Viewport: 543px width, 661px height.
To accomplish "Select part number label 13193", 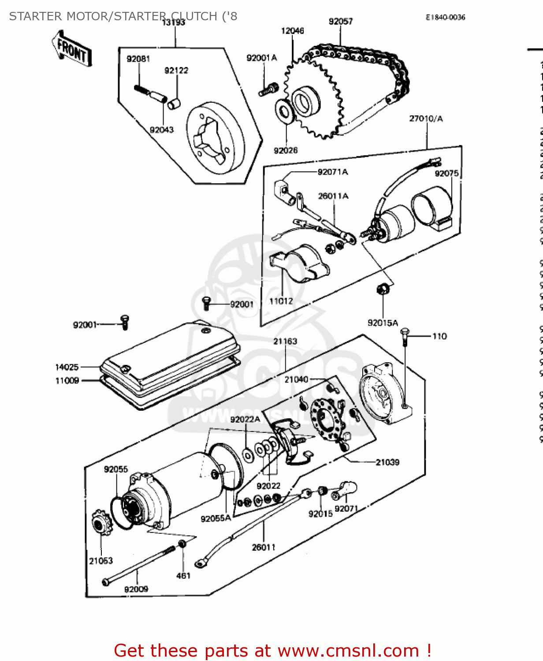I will pyautogui.click(x=174, y=22).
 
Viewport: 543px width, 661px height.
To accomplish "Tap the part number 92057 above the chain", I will pyautogui.click(x=341, y=21).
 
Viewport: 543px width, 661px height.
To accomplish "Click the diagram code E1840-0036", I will pyautogui.click(x=445, y=17).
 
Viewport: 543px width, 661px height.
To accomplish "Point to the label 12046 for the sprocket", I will pyautogui.click(x=293, y=31).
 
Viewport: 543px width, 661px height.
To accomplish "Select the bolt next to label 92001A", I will pyautogui.click(x=268, y=90).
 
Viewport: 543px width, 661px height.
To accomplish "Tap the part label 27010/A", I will pyautogui.click(x=426, y=119).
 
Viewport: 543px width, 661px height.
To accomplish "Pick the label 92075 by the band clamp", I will pyautogui.click(x=446, y=174).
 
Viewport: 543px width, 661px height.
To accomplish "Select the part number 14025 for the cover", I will pyautogui.click(x=67, y=367).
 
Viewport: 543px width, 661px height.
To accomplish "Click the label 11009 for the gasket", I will pyautogui.click(x=67, y=380).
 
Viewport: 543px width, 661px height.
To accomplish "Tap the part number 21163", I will pyautogui.click(x=285, y=342).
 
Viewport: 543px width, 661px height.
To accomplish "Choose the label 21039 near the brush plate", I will pyautogui.click(x=387, y=462).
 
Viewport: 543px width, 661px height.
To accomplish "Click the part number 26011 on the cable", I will pyautogui.click(x=264, y=547).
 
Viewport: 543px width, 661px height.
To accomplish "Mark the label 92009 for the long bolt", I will pyautogui.click(x=136, y=589).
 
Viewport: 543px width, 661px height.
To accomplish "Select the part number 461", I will pyautogui.click(x=183, y=576).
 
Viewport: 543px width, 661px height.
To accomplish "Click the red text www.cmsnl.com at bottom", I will pyautogui.click(x=348, y=651).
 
